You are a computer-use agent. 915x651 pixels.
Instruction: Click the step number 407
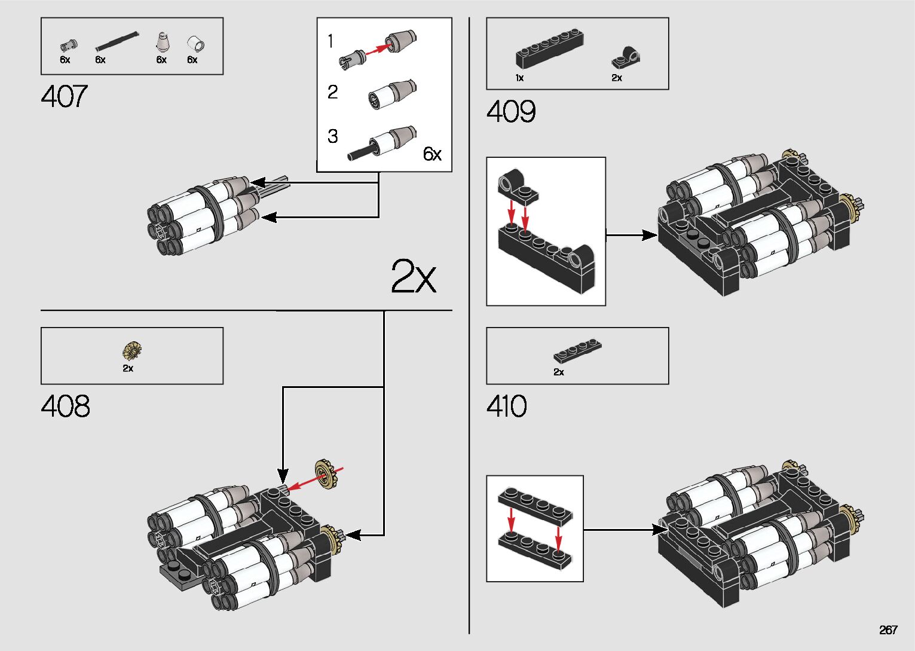coord(64,96)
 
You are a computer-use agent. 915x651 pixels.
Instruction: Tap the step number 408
coord(65,407)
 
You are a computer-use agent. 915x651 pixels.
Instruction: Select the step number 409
coord(510,112)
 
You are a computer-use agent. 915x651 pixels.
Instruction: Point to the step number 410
coord(506,407)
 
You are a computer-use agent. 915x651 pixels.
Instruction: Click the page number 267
coord(888,630)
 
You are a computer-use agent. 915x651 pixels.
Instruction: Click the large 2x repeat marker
coord(413,276)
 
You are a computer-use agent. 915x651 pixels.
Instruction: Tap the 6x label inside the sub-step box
coord(432,154)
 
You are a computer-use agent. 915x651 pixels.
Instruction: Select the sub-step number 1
coord(330,41)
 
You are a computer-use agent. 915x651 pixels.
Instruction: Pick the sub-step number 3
coord(332,136)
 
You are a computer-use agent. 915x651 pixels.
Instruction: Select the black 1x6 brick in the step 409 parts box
coord(549,48)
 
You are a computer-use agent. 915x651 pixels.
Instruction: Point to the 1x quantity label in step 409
coord(519,78)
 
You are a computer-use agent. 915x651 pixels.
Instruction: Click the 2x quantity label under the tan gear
coord(128,368)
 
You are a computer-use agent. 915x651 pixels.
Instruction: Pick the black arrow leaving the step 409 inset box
coord(632,235)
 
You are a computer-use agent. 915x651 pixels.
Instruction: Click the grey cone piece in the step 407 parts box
coord(161,42)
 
